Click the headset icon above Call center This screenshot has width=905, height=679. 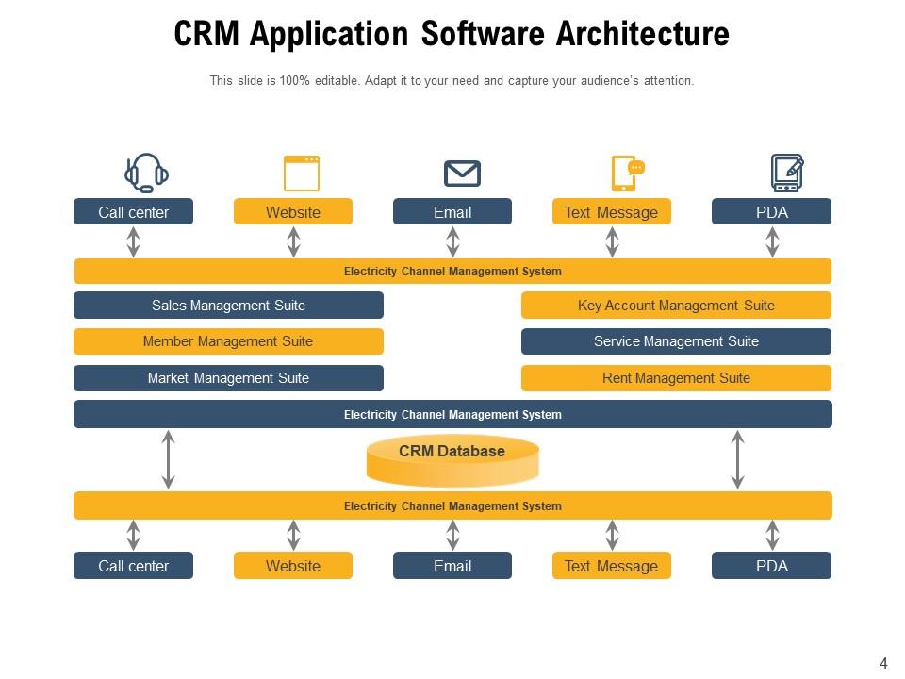tap(146, 173)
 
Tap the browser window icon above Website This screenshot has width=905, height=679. tap(302, 174)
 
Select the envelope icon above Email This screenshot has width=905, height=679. tap(462, 174)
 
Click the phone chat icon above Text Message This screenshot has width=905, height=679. tap(627, 174)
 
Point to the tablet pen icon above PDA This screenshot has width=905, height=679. tap(786, 174)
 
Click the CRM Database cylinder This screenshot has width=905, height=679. tap(452, 459)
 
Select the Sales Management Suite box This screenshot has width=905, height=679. tap(228, 306)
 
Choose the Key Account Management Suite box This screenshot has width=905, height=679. tap(676, 306)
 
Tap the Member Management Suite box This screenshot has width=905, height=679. tap(228, 341)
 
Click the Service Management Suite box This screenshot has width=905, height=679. tap(676, 341)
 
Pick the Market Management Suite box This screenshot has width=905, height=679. tap(228, 378)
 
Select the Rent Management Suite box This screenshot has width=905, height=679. tap(676, 378)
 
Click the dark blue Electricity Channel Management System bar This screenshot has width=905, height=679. tap(452, 415)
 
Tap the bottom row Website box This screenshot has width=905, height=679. tap(293, 566)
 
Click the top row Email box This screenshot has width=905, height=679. tap(452, 212)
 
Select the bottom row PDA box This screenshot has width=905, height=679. tap(771, 566)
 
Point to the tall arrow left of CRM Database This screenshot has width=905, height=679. tap(168, 459)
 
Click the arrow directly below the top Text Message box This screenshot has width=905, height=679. tap(612, 241)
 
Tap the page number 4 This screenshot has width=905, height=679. tap(883, 664)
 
